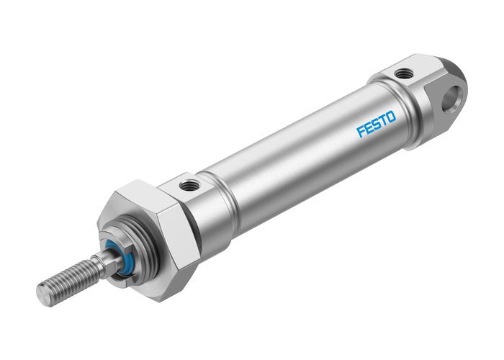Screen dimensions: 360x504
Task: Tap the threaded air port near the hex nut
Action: (189, 186)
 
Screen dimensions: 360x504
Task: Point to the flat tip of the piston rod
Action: (43, 293)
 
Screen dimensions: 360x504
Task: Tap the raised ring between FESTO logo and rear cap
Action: (403, 108)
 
